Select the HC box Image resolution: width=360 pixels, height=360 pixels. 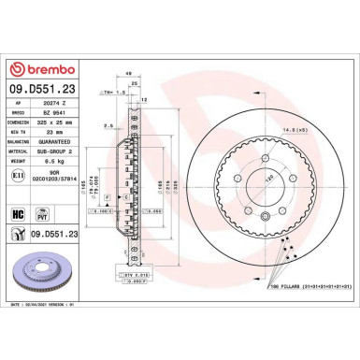click(x=18, y=214)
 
